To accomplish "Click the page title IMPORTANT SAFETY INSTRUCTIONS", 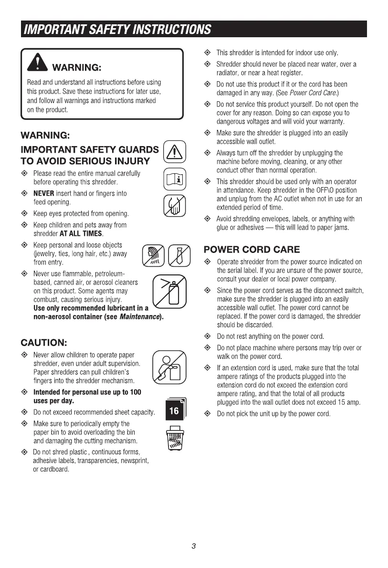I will tap(116, 30).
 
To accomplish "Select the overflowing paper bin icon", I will tap(174, 438).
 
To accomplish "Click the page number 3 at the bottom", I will tap(194, 547).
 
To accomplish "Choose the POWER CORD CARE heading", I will tap(252, 249).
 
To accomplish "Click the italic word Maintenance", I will tap(140, 316).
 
